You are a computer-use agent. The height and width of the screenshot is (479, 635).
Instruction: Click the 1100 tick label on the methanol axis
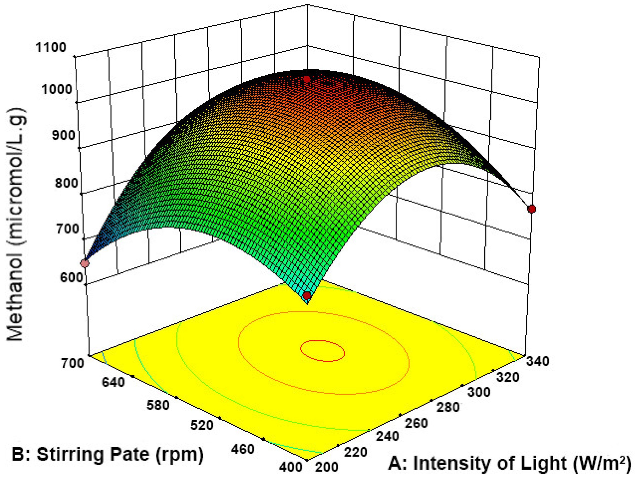coord(50,47)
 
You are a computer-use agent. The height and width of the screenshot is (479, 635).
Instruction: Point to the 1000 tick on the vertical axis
coord(56,89)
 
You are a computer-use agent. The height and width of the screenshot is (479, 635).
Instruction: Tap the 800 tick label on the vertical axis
coord(66,182)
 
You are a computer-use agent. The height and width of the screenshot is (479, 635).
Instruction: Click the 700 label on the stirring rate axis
coord(72,363)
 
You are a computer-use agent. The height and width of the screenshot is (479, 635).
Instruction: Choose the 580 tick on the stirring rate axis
coord(158,405)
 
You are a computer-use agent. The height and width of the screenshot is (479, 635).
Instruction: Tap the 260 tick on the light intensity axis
coord(416,423)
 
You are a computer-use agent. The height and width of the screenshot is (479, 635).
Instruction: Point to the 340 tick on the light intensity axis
coord(538,361)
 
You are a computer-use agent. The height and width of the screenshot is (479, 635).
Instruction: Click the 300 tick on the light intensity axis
coord(479,392)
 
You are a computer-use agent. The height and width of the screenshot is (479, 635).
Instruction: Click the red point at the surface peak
coord(307,79)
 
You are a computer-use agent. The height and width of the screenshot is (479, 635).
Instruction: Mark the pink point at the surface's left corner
coord(85,263)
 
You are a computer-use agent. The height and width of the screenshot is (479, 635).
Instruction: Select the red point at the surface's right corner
coord(532,209)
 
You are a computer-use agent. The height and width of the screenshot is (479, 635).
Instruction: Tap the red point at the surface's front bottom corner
coord(307,295)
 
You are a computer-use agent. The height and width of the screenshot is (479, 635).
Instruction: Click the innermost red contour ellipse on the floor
coord(322,341)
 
